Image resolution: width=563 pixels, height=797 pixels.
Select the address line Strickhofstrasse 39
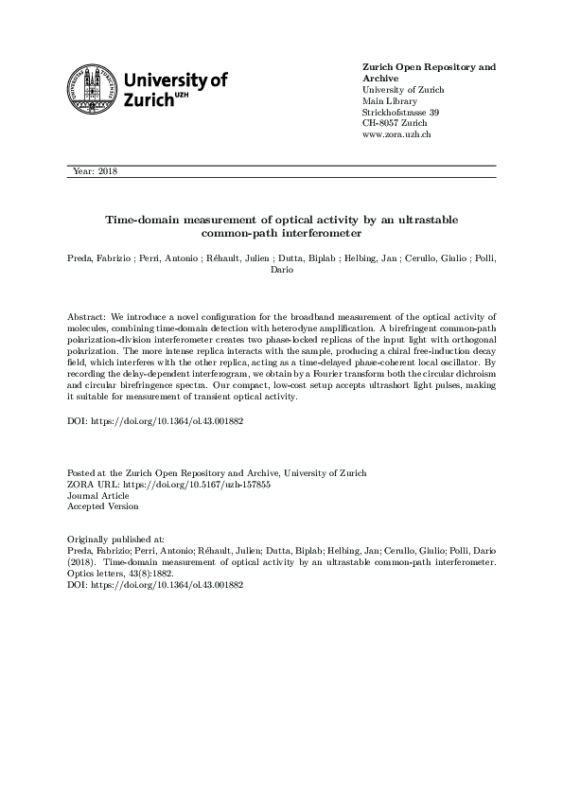[x=401, y=112]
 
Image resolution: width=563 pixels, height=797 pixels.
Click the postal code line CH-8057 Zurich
[x=396, y=123]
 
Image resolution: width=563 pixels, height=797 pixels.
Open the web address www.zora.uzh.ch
[x=397, y=134]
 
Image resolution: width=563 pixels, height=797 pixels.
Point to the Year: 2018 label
[x=95, y=171]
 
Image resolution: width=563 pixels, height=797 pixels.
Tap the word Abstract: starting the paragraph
[x=88, y=312]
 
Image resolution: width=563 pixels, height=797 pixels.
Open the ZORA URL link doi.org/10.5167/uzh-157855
[x=197, y=483]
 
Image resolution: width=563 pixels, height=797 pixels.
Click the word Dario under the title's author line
[x=281, y=269]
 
